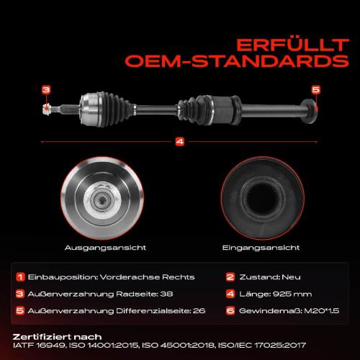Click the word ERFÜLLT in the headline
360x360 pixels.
pyautogui.click(x=292, y=45)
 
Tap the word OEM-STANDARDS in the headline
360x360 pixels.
pyautogui.click(x=237, y=61)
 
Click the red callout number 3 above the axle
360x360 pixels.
pyautogui.click(x=46, y=90)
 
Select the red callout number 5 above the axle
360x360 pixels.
pyautogui.click(x=316, y=90)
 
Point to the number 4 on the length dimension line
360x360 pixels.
pyautogui.click(x=180, y=142)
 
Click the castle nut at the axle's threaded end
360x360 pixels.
pyautogui.click(x=46, y=109)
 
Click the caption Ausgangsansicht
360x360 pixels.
pyautogui.click(x=105, y=248)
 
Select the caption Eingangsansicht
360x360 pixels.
pyautogui.click(x=261, y=248)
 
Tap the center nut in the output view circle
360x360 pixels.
pyautogui.click(x=102, y=199)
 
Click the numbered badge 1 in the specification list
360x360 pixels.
pyautogui.click(x=20, y=277)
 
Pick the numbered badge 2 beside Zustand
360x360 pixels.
pyautogui.click(x=230, y=277)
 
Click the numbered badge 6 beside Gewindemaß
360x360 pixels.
pyautogui.click(x=230, y=311)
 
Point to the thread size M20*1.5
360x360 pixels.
pyautogui.click(x=322, y=311)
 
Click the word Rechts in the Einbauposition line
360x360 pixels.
pyautogui.click(x=179, y=277)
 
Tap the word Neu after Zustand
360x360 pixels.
pyautogui.click(x=291, y=277)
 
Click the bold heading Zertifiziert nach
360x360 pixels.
pyautogui.click(x=57, y=337)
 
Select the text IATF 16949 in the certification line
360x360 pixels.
pyautogui.click(x=39, y=346)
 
